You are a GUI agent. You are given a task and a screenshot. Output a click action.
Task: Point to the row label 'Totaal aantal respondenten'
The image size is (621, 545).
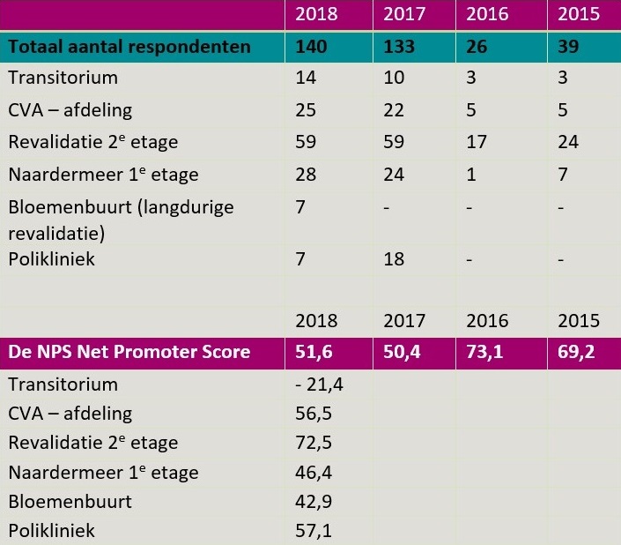(x=129, y=46)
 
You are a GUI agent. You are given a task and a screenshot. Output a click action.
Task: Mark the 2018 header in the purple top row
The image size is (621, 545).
(x=316, y=14)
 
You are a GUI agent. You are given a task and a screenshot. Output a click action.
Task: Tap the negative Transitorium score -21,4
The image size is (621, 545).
(x=318, y=385)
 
